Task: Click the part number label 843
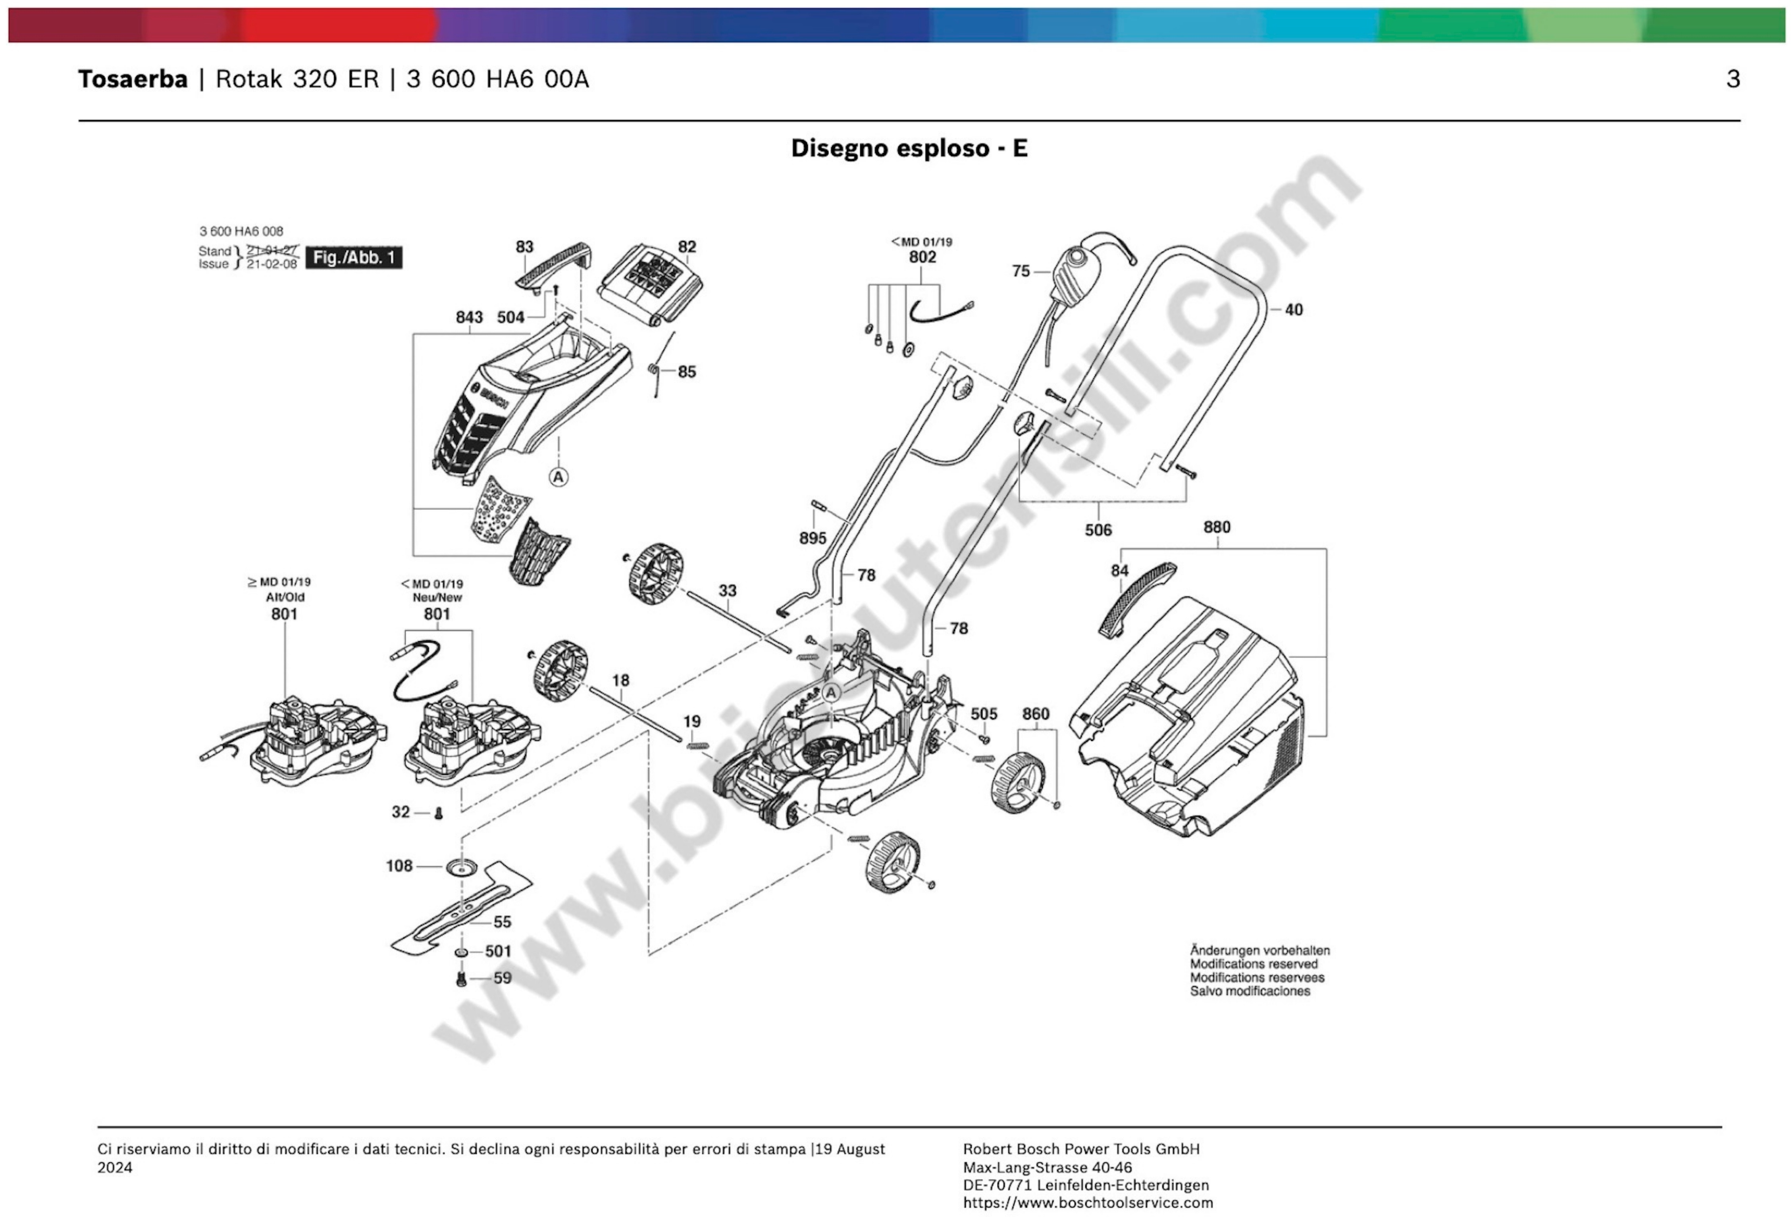tap(468, 317)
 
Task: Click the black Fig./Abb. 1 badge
tap(354, 258)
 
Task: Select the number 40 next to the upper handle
tap(1293, 310)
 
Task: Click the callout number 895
tap(812, 538)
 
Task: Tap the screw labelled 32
tap(439, 813)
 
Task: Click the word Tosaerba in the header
tap(133, 79)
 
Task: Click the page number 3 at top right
tap(1732, 79)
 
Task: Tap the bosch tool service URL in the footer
tap(1087, 1202)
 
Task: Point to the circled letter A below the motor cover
tap(558, 477)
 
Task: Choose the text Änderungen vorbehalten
tap(1259, 950)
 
